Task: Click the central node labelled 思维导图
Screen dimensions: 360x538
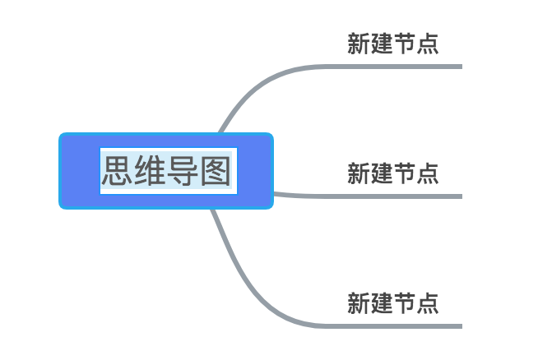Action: coord(166,171)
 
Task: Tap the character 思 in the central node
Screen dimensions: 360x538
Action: coord(118,172)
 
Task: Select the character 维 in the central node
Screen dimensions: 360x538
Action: coord(151,172)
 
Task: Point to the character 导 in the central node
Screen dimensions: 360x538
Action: coord(183,172)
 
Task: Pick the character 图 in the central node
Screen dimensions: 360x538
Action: coord(215,172)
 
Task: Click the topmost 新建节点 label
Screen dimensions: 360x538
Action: coord(392,44)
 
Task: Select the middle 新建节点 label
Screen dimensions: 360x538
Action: coord(392,173)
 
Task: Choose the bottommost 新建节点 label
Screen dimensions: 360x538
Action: coord(392,303)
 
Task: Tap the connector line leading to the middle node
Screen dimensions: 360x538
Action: coord(370,196)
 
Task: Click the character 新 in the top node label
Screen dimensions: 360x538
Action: coord(359,44)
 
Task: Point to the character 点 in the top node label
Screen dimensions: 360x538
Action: coord(428,44)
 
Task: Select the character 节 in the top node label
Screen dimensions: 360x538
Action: coord(405,44)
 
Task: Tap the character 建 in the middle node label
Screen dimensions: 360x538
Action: coord(382,173)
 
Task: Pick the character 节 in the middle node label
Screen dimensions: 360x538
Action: coord(405,173)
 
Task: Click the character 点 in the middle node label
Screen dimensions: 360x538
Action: coord(428,173)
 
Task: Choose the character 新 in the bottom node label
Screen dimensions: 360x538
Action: coord(359,303)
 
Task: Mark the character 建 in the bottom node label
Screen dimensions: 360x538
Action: coord(382,303)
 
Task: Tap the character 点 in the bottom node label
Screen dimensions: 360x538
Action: coord(428,303)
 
